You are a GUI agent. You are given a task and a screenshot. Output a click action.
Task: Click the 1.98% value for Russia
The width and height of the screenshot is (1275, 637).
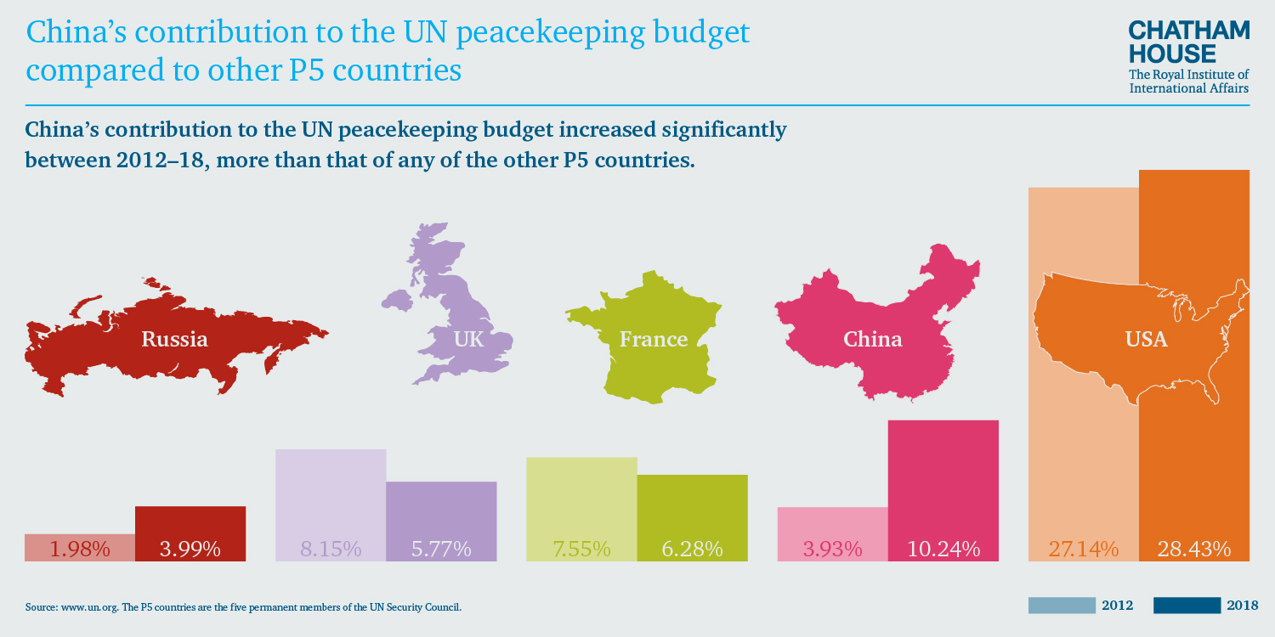click(80, 549)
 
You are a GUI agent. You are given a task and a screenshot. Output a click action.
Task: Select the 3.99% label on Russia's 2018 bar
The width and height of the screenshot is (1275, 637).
click(190, 549)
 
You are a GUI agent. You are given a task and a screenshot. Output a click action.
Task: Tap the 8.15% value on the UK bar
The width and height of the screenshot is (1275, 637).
click(331, 549)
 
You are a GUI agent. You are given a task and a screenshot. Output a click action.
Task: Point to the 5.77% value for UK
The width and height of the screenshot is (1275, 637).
click(441, 549)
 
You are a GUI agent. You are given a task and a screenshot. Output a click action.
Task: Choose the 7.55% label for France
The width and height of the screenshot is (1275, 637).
click(581, 549)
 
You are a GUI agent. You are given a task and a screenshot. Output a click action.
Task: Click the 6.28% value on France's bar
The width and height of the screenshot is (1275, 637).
click(692, 549)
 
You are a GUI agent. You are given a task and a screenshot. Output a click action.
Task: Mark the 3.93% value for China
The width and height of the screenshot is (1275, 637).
click(832, 549)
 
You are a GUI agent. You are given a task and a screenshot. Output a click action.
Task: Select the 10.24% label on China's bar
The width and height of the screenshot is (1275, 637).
click(943, 549)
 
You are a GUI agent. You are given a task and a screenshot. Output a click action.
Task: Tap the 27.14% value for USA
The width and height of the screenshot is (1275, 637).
click(1083, 549)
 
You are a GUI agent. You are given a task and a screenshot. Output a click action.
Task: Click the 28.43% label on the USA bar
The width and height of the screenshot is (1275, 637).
click(1193, 549)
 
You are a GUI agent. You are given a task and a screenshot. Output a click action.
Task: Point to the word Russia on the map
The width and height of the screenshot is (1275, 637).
click(174, 339)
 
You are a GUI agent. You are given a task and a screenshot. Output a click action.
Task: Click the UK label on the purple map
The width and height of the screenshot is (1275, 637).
click(468, 340)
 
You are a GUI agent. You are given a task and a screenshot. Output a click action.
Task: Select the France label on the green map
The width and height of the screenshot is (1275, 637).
click(653, 340)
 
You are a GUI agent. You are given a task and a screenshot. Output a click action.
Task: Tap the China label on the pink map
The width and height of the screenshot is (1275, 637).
click(872, 340)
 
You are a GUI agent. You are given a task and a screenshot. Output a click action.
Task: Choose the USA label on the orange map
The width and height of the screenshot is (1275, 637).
click(1146, 340)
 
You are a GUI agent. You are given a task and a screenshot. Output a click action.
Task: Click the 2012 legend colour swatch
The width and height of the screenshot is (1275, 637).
click(1062, 606)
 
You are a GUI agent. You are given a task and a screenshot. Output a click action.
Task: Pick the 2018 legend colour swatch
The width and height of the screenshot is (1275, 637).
click(1187, 606)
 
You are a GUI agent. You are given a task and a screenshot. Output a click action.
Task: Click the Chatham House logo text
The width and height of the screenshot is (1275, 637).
click(1189, 42)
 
